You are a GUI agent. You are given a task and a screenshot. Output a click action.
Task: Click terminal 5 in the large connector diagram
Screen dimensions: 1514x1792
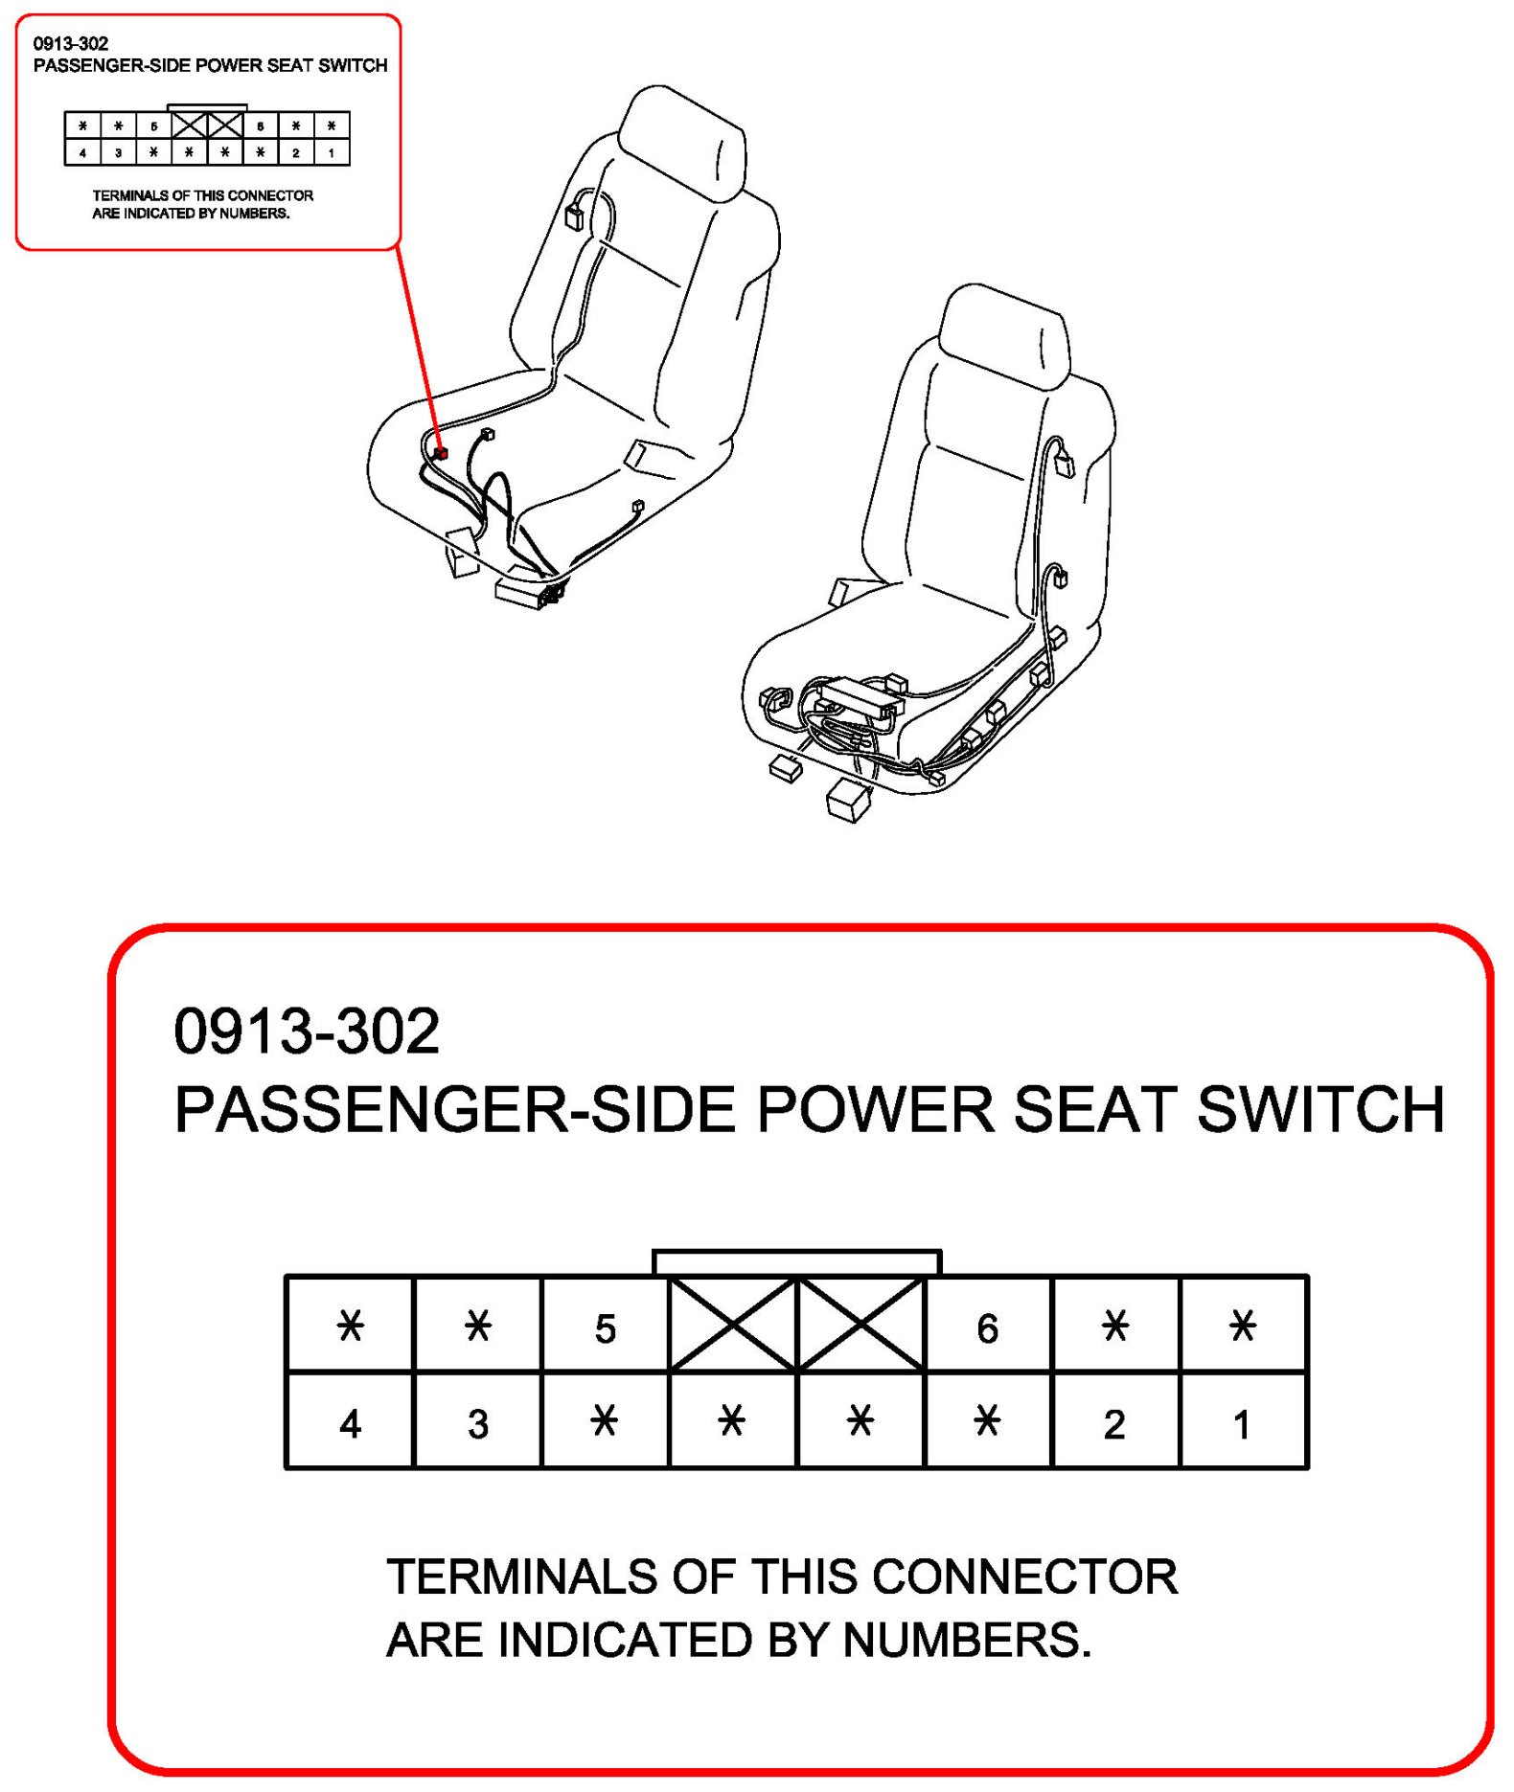click(x=605, y=1327)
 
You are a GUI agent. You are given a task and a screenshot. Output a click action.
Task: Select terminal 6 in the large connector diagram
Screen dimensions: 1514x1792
click(x=987, y=1327)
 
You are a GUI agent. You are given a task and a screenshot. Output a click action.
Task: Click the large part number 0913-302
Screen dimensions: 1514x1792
click(x=307, y=1032)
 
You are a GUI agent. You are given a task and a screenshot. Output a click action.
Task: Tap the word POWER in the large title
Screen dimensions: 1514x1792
click(x=876, y=1109)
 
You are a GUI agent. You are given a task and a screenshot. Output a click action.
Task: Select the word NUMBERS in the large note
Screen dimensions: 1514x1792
click(x=966, y=1640)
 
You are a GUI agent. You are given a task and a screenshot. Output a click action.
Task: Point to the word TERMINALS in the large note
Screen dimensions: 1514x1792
click(x=522, y=1577)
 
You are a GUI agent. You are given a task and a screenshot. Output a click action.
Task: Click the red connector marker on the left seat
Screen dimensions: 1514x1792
click(x=440, y=452)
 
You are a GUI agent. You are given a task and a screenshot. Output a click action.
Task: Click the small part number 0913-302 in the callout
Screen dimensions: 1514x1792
click(x=71, y=44)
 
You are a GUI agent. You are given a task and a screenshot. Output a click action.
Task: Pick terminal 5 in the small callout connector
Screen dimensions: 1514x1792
click(x=153, y=126)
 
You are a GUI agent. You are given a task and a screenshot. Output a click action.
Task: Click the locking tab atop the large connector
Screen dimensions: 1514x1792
click(x=796, y=1261)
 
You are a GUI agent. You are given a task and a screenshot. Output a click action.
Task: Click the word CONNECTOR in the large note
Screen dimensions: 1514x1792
click(x=1025, y=1577)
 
